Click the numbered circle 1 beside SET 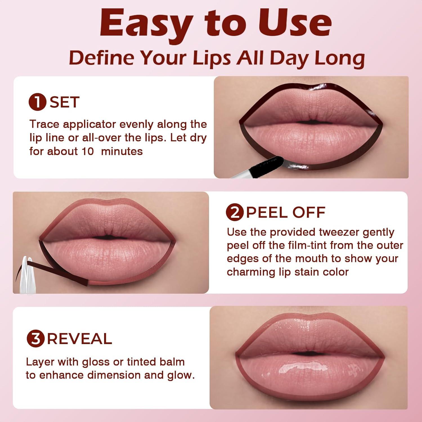click(37, 102)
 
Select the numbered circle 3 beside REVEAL click(36, 339)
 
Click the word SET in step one click(64, 102)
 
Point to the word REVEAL click(79, 339)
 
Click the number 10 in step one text click(88, 151)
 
